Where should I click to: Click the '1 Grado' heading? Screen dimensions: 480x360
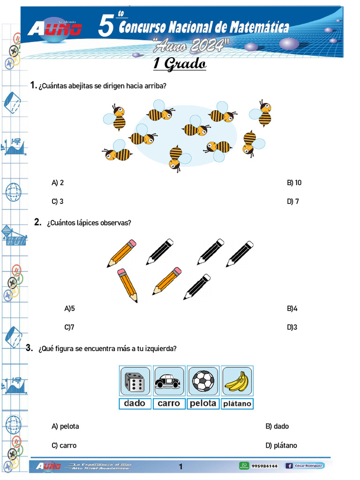pos(180,64)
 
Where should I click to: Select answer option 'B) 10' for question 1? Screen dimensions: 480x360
pos(294,183)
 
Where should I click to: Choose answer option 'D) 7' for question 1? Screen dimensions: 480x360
pos(293,202)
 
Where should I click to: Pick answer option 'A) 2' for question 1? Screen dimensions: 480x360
pos(58,183)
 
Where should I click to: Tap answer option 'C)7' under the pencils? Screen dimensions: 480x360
pos(69,327)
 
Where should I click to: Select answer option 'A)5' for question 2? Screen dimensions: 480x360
pos(69,308)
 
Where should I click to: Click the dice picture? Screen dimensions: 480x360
pos(135,381)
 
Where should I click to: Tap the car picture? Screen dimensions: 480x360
pos(168,381)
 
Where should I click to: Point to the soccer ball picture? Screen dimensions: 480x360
pos(203,381)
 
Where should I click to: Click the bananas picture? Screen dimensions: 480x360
pos(237,381)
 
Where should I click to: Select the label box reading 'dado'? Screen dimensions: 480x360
pos(135,403)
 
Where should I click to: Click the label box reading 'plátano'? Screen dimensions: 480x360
pos(237,404)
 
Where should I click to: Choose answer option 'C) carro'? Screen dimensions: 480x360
pos(64,445)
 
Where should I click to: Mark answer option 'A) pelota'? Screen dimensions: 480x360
pos(66,427)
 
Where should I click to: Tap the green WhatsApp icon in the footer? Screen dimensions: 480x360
pos(244,465)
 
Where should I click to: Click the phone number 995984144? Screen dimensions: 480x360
pos(264,466)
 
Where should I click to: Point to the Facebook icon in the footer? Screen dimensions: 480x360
pos(289,465)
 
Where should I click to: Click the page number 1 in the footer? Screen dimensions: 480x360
pos(180,466)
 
